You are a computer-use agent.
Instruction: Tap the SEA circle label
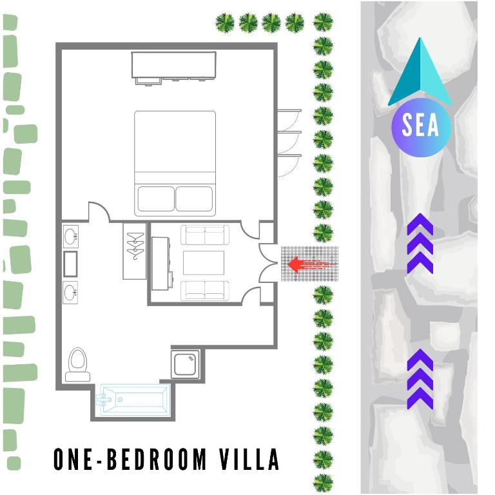point(420,126)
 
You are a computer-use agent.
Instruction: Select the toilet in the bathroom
point(78,364)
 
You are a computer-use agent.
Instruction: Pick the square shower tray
point(188,365)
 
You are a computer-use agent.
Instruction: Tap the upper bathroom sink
point(71,237)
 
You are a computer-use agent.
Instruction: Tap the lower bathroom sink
point(71,293)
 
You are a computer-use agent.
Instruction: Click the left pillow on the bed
point(155,199)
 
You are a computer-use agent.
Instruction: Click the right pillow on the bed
point(195,199)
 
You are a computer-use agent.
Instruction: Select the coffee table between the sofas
point(204,263)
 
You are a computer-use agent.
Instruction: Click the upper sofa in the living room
point(205,235)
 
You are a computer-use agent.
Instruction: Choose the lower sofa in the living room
point(205,290)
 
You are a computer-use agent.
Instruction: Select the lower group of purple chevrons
point(420,379)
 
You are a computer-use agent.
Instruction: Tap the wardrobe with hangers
point(135,251)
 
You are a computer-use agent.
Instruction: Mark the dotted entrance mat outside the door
point(310,264)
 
